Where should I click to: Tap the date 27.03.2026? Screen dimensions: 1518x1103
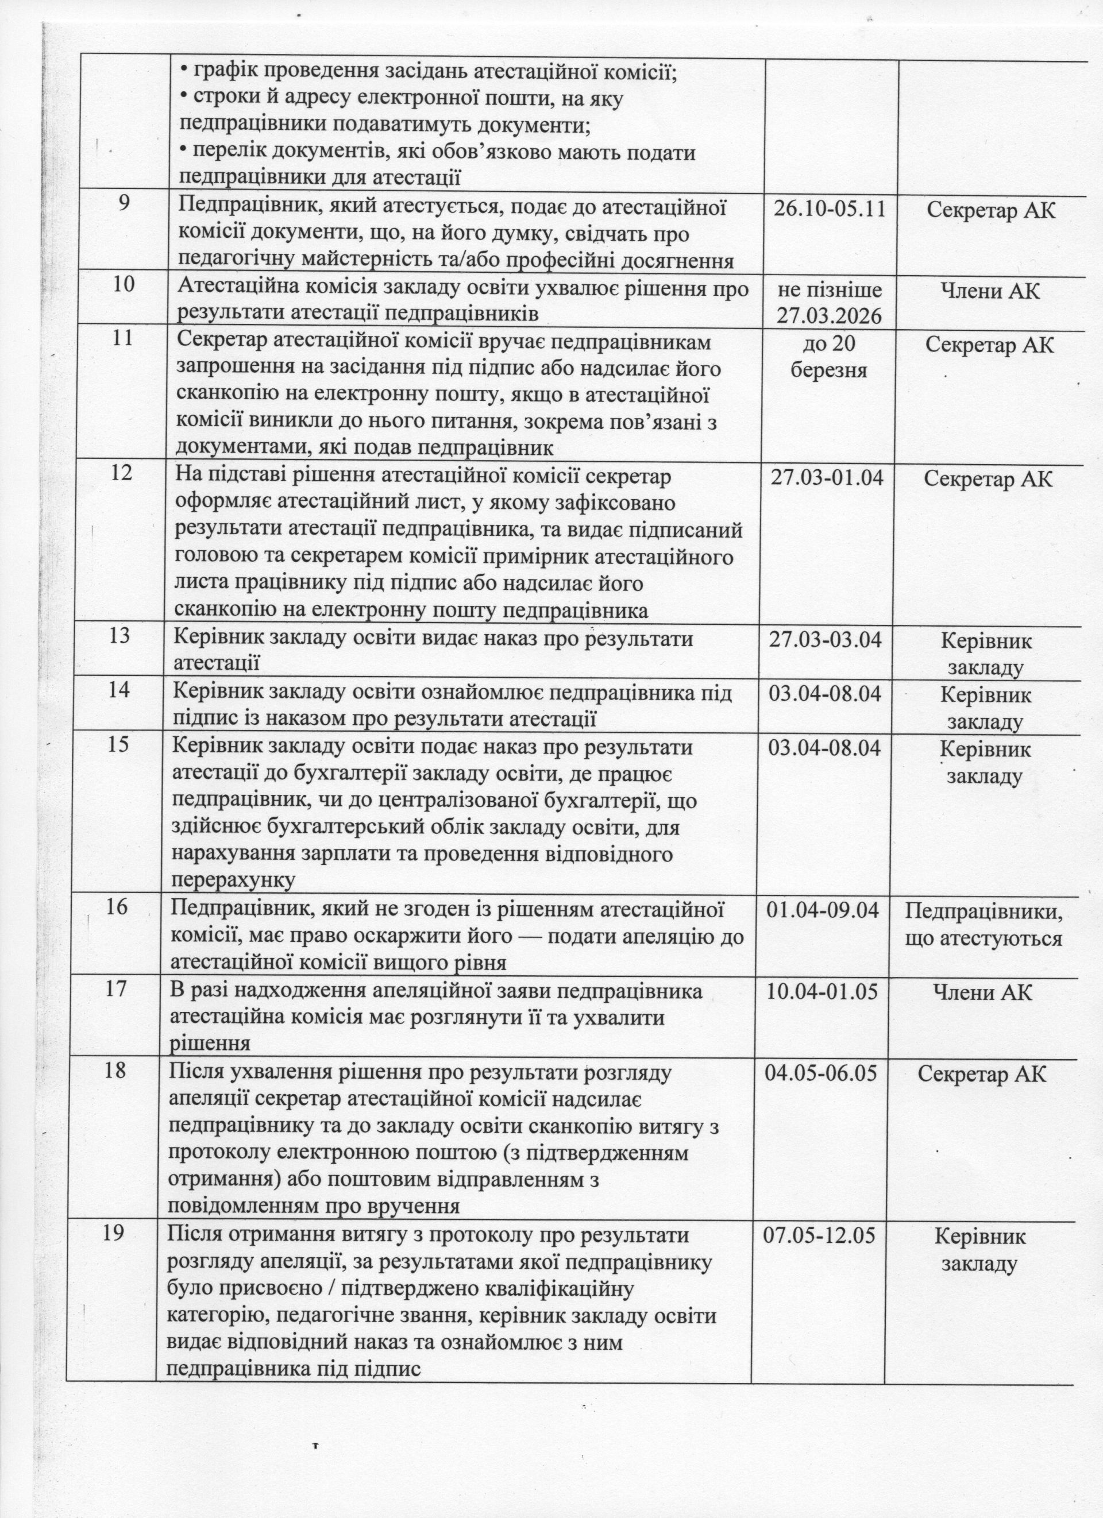(829, 315)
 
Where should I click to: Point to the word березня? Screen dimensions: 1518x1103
(828, 369)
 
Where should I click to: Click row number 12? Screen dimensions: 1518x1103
(121, 473)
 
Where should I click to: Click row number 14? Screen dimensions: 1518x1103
(119, 689)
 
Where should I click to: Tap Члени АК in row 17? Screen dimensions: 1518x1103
(982, 992)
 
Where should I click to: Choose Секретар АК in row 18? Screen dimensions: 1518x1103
(981, 1074)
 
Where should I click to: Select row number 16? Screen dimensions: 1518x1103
(117, 907)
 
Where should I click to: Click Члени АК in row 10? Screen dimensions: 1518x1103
(990, 290)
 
